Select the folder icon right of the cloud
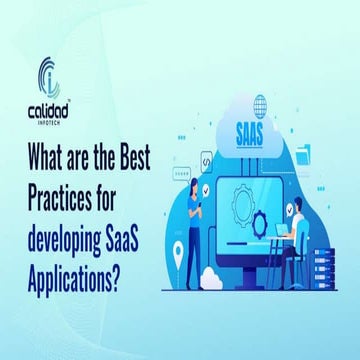click(306, 152)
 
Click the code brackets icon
click(204, 161)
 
